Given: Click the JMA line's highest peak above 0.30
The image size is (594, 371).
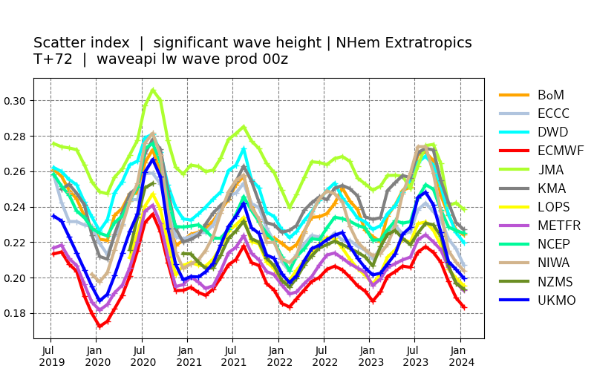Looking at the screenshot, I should point(153,90).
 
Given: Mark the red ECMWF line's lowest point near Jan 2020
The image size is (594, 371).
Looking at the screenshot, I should point(99,326).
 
